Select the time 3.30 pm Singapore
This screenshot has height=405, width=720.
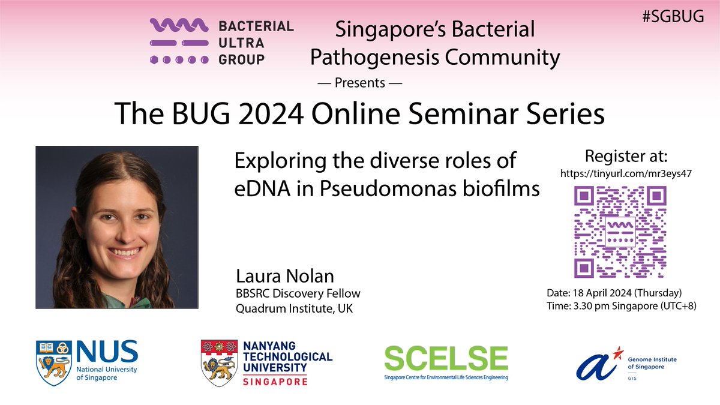[x=606, y=305]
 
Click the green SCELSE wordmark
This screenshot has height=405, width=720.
[x=446, y=358]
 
